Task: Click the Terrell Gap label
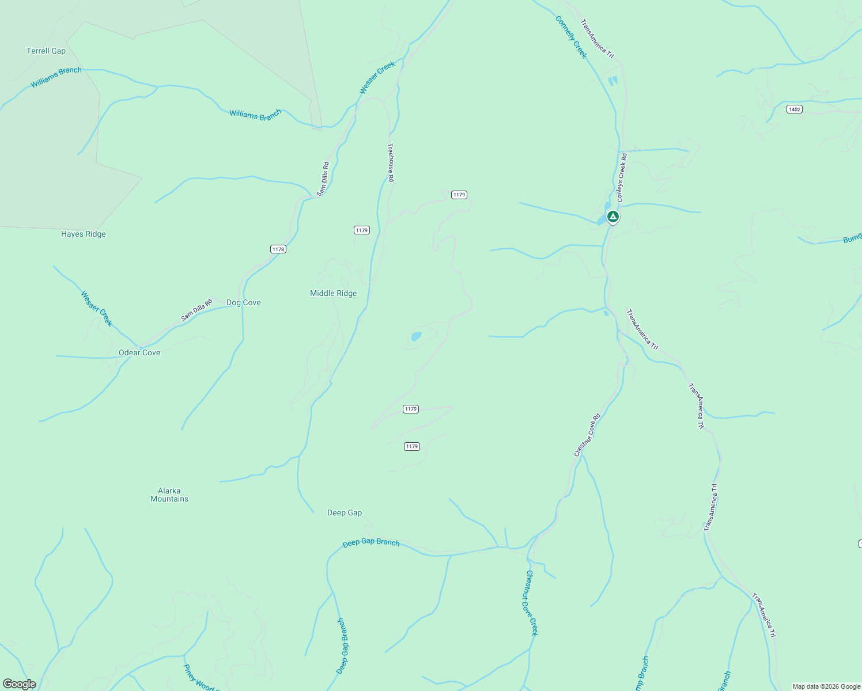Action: coord(46,51)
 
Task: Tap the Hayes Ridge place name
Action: coord(84,234)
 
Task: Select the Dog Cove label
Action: coord(243,302)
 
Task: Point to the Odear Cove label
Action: coord(139,352)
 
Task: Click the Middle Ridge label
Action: coord(333,293)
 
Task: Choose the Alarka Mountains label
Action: coord(169,495)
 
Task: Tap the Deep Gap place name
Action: coord(345,512)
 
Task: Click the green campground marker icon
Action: coord(613,217)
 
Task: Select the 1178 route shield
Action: coord(278,249)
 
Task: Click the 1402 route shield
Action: coord(795,109)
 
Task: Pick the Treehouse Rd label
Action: coord(391,162)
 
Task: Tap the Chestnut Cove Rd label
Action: coord(587,435)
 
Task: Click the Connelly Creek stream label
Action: coord(571,37)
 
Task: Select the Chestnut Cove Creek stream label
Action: coord(531,603)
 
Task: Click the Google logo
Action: coord(20,684)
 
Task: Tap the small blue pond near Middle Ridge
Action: coord(416,335)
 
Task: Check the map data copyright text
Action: coord(826,686)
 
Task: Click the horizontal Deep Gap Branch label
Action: coord(371,542)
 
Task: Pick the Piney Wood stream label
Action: coord(198,678)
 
